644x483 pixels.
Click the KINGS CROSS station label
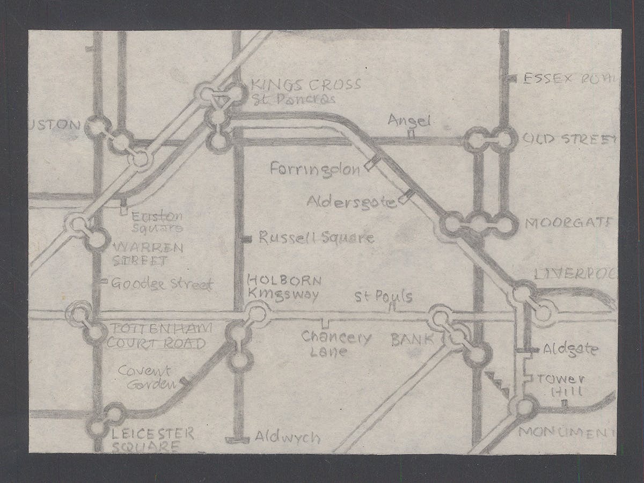tap(306, 85)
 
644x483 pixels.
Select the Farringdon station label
tap(315, 170)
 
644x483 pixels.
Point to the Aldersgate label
tap(352, 202)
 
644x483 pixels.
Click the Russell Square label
tap(316, 238)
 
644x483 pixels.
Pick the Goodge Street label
tap(162, 284)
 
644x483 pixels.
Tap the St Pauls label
tap(383, 297)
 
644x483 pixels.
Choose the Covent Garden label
tap(145, 377)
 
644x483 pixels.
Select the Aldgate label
tap(569, 349)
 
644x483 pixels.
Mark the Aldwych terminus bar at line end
tap(237, 440)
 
